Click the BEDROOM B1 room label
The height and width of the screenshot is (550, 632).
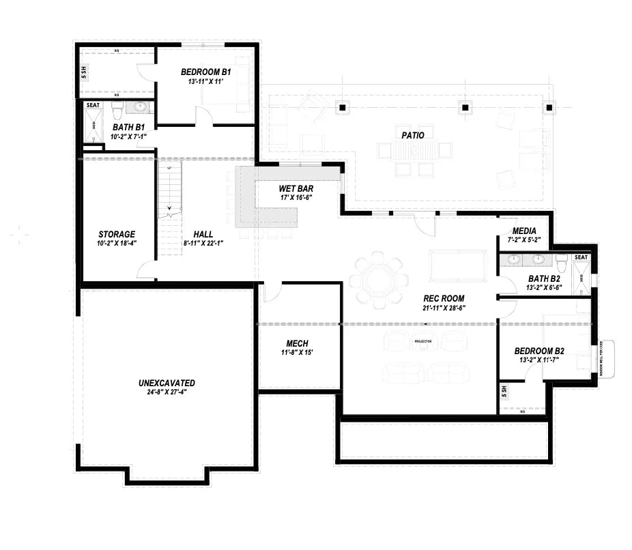[x=205, y=72]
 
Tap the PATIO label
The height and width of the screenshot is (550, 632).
[x=412, y=135]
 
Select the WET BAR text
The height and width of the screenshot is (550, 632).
[x=296, y=188]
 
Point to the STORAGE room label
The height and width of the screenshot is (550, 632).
[x=116, y=234]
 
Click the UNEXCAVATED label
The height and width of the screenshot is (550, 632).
[x=167, y=383]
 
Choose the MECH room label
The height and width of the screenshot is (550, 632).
[x=297, y=343]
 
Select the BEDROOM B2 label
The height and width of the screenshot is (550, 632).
[x=542, y=351]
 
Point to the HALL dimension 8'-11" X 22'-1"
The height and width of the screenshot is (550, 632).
[x=203, y=243]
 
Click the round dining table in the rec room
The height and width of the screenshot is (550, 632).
[x=379, y=279]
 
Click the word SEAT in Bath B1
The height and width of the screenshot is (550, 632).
[x=93, y=105]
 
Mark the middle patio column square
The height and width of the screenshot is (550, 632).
[x=464, y=107]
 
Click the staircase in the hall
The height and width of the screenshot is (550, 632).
[x=170, y=205]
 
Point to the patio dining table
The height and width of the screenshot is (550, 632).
[x=413, y=150]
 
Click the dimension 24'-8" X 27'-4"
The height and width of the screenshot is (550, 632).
[x=167, y=392]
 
